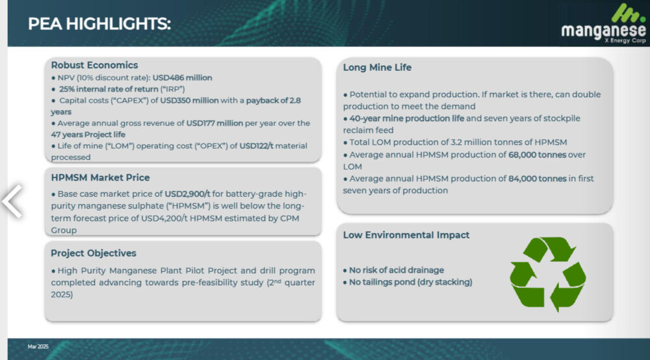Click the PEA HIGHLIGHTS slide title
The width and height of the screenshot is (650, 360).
(x=99, y=23)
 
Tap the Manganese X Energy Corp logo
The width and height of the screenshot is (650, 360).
(x=604, y=23)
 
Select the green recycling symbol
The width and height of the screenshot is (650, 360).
(x=547, y=274)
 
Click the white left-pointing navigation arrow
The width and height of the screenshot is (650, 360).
(x=12, y=201)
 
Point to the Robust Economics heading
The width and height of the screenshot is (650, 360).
(x=94, y=65)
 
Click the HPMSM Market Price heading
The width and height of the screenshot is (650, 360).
(x=100, y=177)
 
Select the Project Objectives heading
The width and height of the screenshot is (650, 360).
(x=93, y=253)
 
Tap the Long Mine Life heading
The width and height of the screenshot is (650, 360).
(x=377, y=67)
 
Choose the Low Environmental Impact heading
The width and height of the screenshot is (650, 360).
(x=406, y=235)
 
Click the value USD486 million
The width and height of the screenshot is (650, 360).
(x=182, y=78)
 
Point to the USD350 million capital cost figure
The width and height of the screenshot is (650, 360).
(x=189, y=100)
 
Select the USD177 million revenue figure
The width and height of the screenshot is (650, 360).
(x=214, y=123)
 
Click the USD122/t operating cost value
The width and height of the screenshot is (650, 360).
(x=256, y=146)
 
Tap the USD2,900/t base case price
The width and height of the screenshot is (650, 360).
(x=187, y=194)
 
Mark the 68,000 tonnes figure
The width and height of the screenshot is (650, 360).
(x=538, y=155)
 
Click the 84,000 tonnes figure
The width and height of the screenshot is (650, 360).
(x=538, y=179)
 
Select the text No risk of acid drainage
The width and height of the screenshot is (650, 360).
(x=396, y=270)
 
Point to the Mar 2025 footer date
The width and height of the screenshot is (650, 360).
(x=38, y=346)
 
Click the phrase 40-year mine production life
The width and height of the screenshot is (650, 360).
(x=407, y=118)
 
